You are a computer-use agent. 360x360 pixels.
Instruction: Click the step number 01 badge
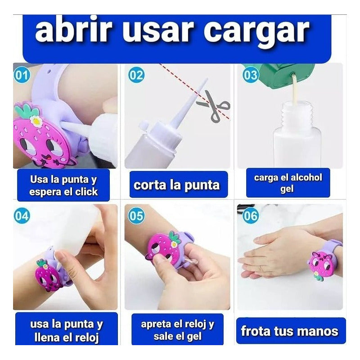(22, 75)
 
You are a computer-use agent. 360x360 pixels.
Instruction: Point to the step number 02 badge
(136, 75)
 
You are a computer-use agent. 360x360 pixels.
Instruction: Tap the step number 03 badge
(251, 75)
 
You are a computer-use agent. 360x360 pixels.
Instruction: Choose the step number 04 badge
(22, 216)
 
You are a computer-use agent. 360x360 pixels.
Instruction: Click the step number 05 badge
(136, 216)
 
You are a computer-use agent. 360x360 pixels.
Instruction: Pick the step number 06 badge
(251, 216)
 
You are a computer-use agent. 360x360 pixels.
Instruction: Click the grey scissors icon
(214, 106)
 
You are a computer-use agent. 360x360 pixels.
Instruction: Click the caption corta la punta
(176, 185)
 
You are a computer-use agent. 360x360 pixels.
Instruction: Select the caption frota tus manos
(289, 331)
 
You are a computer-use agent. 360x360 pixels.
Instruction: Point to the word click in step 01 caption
(86, 192)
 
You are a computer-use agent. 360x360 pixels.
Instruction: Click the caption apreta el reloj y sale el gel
(177, 330)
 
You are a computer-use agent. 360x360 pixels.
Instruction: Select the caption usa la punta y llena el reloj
(67, 331)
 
